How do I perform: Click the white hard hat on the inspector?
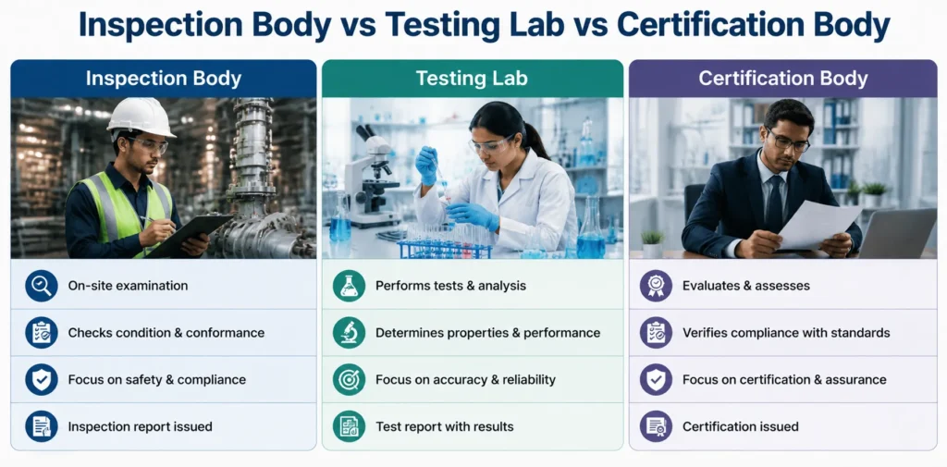141,117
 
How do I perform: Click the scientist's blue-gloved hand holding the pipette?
427,165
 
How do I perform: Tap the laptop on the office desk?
897,233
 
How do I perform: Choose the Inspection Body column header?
164,79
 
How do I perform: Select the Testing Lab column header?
472,79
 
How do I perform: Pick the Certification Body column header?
782,79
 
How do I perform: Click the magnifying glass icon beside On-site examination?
42,286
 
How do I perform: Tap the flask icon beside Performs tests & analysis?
349,286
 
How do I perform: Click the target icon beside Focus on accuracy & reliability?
349,380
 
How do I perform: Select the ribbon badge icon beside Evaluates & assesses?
656,286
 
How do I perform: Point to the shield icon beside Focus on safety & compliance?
42,380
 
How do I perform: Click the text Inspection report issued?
141,426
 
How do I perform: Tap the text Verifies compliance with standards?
786,333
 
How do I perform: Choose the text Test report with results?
445,426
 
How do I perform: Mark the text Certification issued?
741,426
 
